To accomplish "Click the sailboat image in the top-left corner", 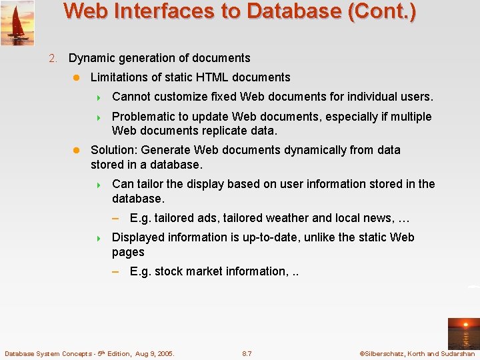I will click(x=17, y=23).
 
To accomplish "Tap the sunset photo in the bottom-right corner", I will click(x=463, y=333).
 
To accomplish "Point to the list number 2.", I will click(x=53, y=59).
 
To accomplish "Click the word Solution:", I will click(x=114, y=150).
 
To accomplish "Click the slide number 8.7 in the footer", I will click(x=247, y=353).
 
